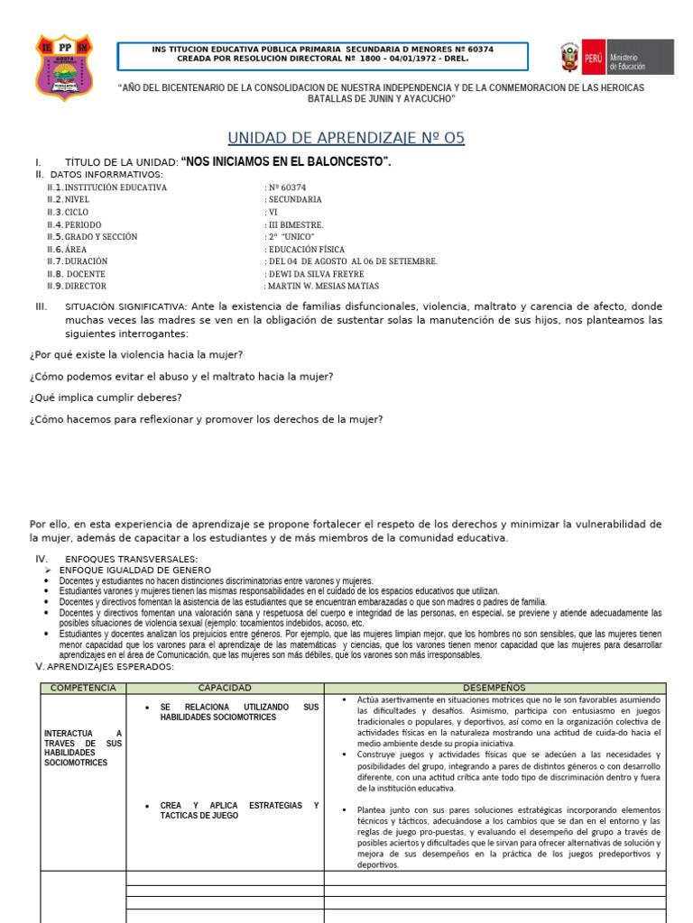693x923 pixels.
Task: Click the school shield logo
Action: pos(63,67)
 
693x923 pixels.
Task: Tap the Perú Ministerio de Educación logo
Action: pos(616,57)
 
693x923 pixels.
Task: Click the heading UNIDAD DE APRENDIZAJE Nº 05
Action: pos(346,138)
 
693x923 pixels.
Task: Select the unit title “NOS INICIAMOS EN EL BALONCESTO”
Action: pos(286,161)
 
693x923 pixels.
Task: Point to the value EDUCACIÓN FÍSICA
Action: pos(306,249)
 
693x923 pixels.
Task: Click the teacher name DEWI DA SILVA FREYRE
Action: pos(316,274)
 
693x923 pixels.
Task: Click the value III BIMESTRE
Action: pos(295,224)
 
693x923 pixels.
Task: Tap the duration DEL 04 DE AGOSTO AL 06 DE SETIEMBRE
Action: pos(353,261)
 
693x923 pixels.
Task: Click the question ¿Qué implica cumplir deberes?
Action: pos(106,398)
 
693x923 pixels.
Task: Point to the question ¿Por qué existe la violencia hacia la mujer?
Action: pos(136,354)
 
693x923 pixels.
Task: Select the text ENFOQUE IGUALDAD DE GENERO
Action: pos(134,571)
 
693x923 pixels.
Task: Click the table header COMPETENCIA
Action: pos(83,688)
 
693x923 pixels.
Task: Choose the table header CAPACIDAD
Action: pos(225,688)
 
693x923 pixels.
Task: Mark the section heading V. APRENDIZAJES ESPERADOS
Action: pos(104,666)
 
